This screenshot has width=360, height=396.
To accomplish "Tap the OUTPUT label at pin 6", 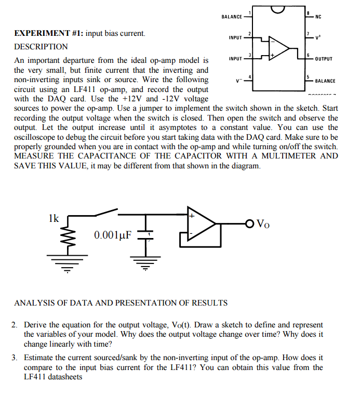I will [x=325, y=59].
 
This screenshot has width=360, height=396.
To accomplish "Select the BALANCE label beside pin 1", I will [x=232, y=17].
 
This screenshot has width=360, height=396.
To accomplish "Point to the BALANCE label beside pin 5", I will [x=325, y=81].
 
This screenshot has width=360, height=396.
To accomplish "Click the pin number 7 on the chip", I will [x=308, y=34].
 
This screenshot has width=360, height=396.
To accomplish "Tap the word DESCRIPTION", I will [x=41, y=47].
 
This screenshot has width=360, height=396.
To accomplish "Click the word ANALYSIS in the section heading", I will [x=33, y=302].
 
